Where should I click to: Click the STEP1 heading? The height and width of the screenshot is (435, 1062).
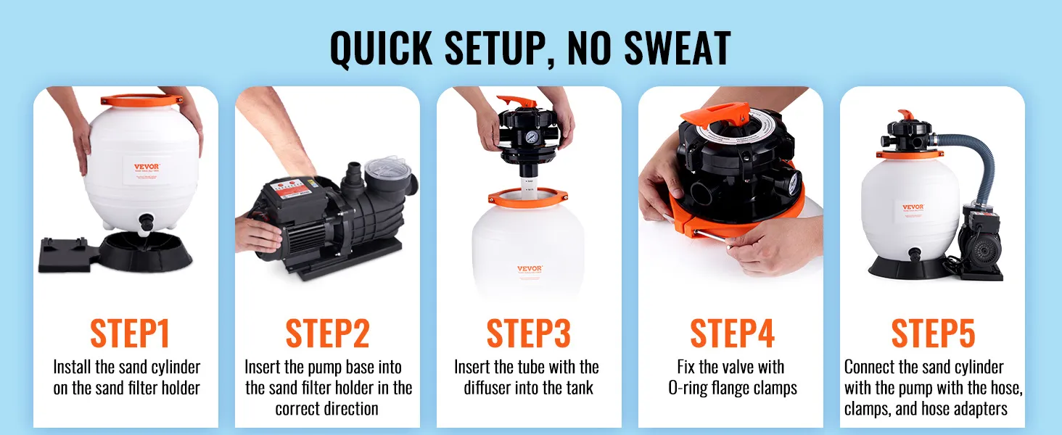(x=129, y=333)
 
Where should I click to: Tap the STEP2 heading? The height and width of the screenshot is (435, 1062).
(x=328, y=333)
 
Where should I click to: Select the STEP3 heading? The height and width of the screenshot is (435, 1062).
(x=529, y=333)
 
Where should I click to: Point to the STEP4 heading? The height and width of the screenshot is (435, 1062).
(x=732, y=333)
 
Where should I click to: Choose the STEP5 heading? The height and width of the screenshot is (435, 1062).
(x=933, y=333)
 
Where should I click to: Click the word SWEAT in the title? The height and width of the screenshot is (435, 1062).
(x=677, y=48)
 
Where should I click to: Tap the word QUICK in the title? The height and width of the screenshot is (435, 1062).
(x=381, y=48)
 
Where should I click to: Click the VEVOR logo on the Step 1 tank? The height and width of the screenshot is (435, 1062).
(x=147, y=167)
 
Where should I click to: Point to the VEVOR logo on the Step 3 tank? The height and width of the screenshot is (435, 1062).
(x=530, y=269)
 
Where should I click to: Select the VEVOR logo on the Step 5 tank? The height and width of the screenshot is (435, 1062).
(x=913, y=207)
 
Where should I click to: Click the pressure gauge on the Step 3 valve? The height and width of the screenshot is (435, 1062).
(x=530, y=138)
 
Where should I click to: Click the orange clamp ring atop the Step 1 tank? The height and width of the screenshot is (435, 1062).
(x=141, y=100)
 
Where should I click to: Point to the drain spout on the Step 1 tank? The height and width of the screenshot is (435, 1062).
(x=146, y=223)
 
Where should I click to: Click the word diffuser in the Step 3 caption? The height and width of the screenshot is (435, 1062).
(x=487, y=388)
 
